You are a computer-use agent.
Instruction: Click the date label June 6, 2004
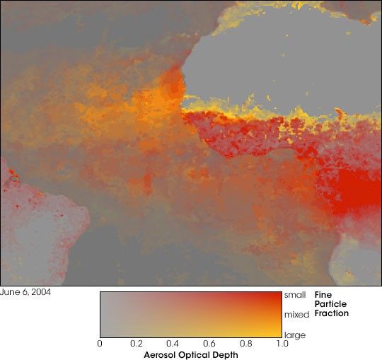25,291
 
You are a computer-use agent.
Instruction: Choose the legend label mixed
296,313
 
